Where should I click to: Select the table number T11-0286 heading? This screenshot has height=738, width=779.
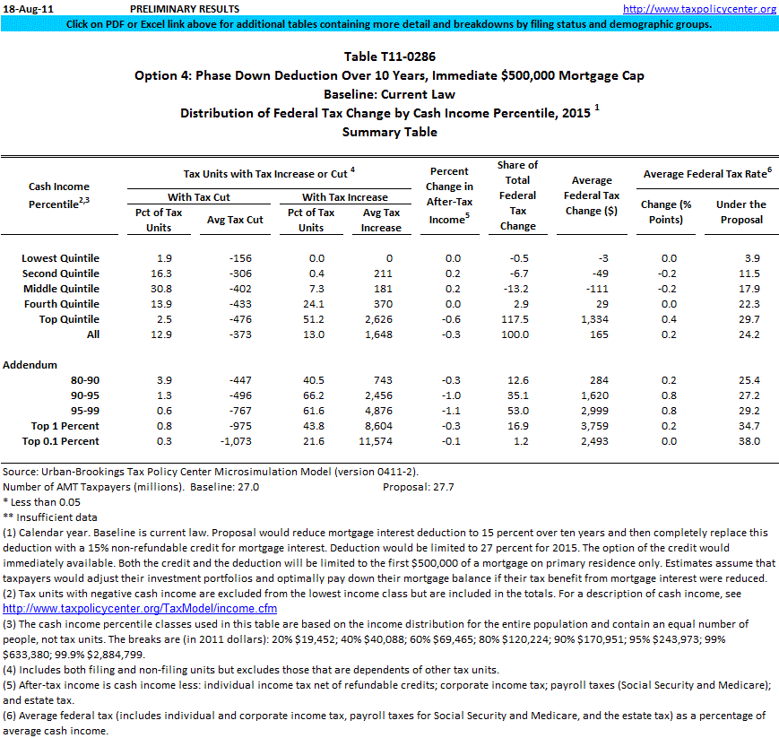[x=389, y=56]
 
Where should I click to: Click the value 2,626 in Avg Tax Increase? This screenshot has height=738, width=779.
[x=381, y=319]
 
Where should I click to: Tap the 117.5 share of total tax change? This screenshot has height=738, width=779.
[x=517, y=319]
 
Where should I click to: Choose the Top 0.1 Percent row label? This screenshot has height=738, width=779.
[x=65, y=441]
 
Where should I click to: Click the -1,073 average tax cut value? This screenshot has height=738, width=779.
[x=240, y=441]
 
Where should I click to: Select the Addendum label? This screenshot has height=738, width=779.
[x=30, y=365]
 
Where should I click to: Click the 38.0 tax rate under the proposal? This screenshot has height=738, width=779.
[x=748, y=441]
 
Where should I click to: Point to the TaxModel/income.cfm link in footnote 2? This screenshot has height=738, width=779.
[x=140, y=609]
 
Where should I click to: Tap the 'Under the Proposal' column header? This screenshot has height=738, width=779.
[x=740, y=212]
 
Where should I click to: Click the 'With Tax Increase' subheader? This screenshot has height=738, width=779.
[x=344, y=196]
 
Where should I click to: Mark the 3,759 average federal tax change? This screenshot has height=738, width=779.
[x=595, y=426]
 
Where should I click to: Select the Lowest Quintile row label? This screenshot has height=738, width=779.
[x=60, y=258]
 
